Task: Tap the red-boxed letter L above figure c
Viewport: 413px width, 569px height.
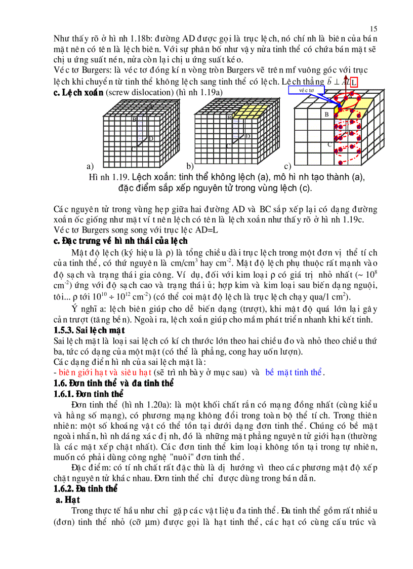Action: coord(354,82)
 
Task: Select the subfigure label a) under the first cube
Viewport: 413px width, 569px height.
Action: coord(90,166)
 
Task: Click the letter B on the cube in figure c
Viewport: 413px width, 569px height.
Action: coord(327,115)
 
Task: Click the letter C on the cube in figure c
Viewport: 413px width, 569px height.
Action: coord(329,144)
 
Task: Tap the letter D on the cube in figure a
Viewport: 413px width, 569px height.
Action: coord(150,138)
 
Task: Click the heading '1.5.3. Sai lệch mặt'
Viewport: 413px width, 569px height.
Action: coord(89,330)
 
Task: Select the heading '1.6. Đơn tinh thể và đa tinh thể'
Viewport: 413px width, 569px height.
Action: coord(113,383)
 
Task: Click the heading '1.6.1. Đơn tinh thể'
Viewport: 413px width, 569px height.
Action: coord(89,394)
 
